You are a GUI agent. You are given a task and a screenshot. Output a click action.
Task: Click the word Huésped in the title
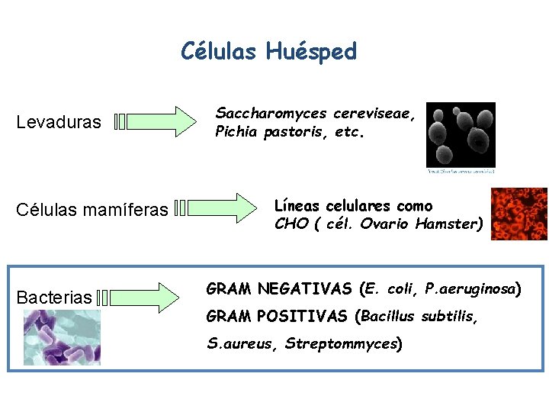312,52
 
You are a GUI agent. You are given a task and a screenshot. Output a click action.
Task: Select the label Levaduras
59,122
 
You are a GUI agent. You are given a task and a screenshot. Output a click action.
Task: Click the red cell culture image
519,214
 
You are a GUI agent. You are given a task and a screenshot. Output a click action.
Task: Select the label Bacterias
54,297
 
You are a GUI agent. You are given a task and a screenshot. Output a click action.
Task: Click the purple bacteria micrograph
61,337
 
